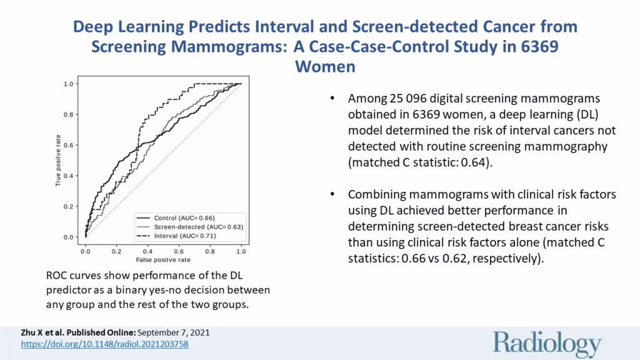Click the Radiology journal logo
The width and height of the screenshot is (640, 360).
547,344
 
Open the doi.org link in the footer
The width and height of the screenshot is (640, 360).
104,344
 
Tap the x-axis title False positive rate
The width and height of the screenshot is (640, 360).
163,259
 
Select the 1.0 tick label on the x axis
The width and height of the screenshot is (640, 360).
241,249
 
